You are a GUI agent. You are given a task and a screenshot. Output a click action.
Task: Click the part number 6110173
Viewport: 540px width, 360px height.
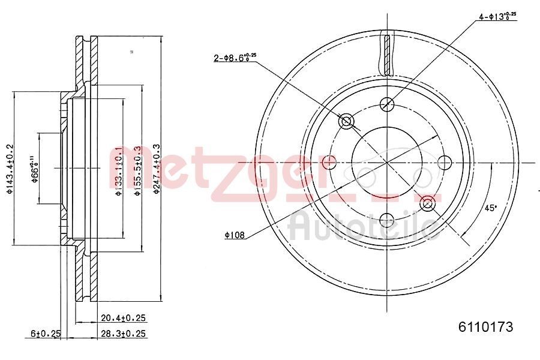(485, 327)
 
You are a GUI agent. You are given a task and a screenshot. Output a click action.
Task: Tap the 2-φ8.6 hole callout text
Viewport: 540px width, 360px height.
(235, 58)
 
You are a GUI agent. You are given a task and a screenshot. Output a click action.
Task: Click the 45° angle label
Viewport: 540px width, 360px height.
(491, 208)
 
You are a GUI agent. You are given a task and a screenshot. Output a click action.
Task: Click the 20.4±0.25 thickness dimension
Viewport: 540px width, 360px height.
(124, 318)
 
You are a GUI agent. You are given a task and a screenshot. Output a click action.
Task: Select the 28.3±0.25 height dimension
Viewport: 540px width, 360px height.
(124, 333)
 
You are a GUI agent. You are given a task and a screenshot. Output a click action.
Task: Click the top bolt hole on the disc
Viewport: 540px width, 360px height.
(387, 104)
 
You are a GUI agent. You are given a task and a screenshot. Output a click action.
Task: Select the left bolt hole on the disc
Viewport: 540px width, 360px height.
(329, 162)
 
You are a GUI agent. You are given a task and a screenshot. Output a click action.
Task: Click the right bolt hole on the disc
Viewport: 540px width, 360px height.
(445, 162)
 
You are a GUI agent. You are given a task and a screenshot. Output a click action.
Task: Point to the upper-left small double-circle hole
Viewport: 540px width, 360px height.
(346, 122)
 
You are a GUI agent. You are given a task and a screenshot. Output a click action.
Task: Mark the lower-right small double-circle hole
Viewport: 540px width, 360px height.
(427, 203)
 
